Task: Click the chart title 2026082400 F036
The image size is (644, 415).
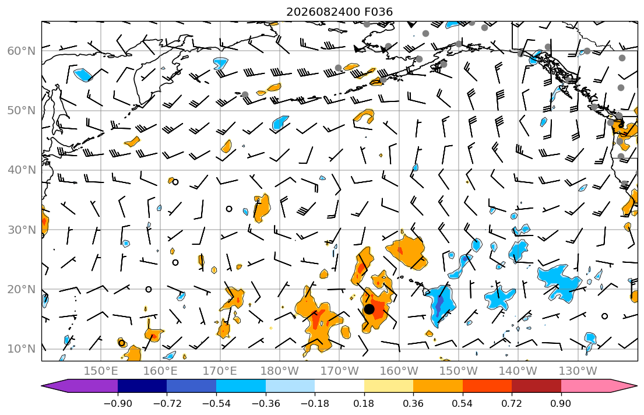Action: (339, 12)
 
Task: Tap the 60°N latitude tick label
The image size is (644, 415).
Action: (22, 51)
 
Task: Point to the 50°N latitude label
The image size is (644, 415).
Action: (22, 111)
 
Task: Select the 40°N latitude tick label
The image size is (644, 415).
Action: (22, 170)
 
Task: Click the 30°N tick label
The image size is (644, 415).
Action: (22, 230)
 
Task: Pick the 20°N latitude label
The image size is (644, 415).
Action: (22, 289)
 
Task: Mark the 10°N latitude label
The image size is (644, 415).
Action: (22, 349)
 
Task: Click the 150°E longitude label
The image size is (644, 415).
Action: (101, 371)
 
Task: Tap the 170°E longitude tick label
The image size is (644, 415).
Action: (220, 371)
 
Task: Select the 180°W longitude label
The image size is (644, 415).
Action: (280, 371)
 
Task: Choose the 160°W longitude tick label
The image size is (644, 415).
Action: (399, 371)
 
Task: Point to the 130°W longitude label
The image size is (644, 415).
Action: (578, 371)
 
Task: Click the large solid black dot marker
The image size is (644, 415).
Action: (369, 310)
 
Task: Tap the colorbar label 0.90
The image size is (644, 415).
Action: (561, 403)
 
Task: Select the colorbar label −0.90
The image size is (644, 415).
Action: (118, 403)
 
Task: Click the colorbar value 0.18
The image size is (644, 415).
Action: (364, 403)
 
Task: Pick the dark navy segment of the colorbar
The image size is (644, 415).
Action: (142, 386)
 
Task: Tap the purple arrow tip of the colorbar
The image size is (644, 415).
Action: (43, 386)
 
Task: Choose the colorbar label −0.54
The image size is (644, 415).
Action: (216, 403)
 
